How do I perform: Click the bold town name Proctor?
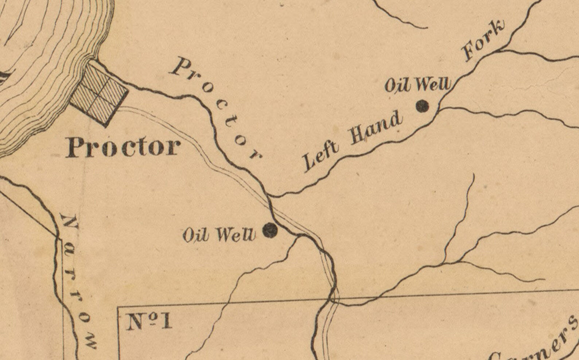pos(123,147)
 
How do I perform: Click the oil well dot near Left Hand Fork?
pos(423,106)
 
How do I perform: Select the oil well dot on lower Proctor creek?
pos(271,230)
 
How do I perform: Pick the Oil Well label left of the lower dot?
pos(218,235)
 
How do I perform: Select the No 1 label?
pos(148,322)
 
